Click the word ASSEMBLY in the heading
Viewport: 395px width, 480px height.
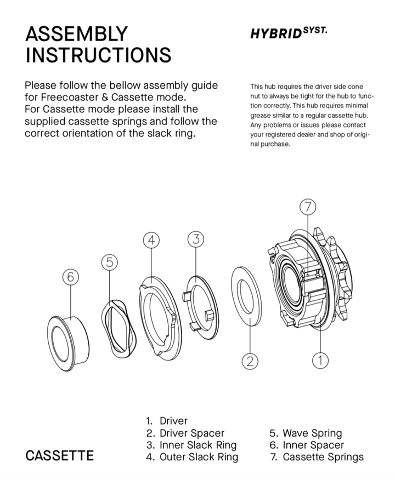coord(76,34)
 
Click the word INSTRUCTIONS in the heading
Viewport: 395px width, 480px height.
coord(98,55)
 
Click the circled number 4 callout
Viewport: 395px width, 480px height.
coord(151,239)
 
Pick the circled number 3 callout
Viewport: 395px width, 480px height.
coord(196,239)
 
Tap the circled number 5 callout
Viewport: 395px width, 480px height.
coord(109,262)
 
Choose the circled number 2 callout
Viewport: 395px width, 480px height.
coord(250,361)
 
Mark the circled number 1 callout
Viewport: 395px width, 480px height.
coord(319,360)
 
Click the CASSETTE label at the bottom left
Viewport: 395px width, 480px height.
coord(60,455)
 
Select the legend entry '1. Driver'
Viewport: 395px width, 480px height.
coord(167,421)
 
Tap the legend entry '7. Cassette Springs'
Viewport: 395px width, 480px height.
coord(317,456)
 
